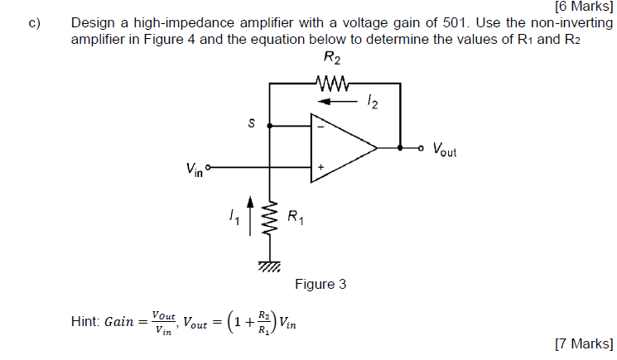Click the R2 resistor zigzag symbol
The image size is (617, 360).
click(x=334, y=83)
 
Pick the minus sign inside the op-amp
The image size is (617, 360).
click(x=321, y=127)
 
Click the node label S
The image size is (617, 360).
click(x=250, y=124)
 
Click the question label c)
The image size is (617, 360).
click(x=34, y=24)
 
